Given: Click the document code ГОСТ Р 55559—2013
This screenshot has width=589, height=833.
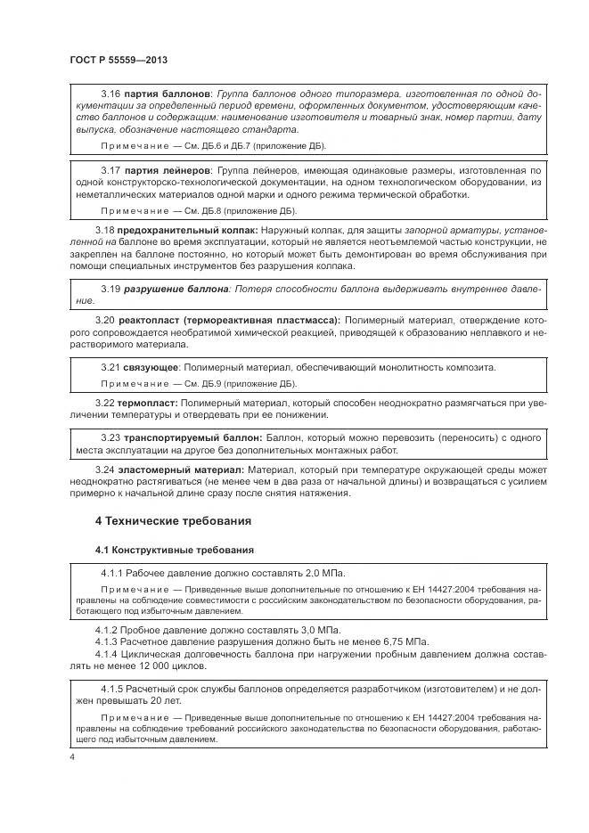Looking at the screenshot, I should [119, 60].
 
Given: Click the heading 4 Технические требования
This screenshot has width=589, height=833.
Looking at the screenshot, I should [173, 520].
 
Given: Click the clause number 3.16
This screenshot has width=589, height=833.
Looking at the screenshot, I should [110, 94].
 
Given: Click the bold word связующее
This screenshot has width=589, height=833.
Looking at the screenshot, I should [151, 367].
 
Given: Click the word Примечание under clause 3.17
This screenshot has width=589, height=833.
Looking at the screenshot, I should [135, 211].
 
